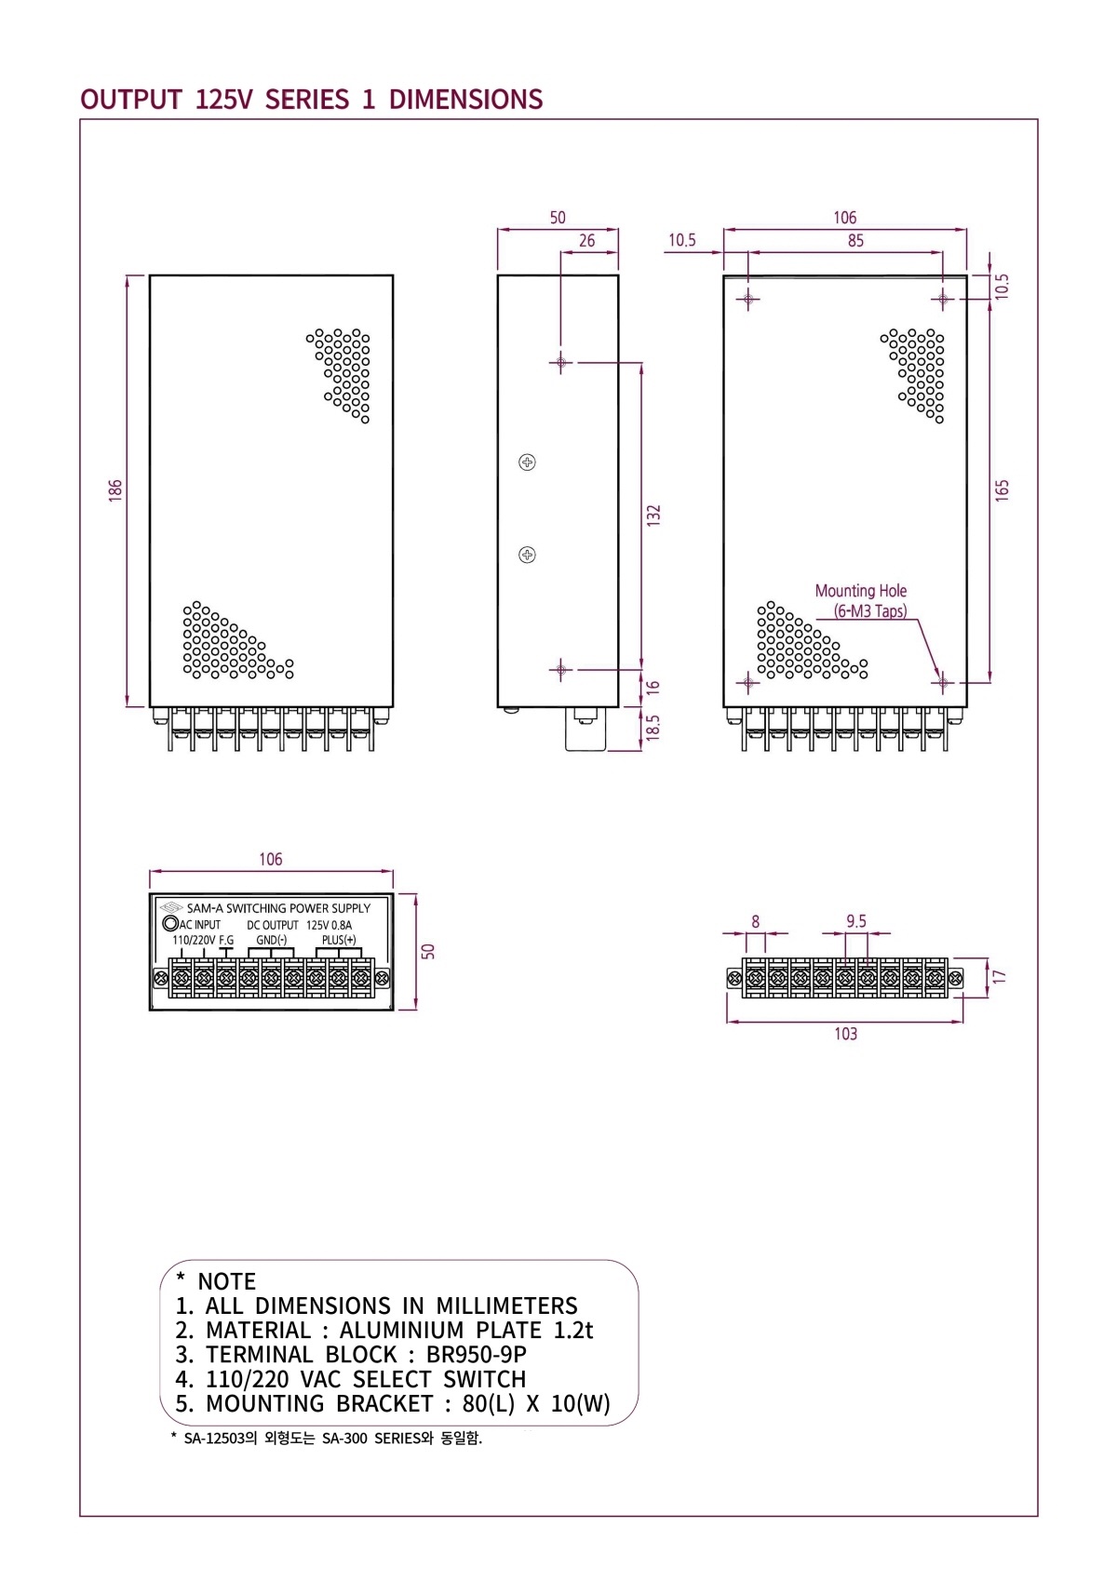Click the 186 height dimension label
115,491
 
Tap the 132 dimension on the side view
653,516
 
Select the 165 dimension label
1002,491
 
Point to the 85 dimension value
855,241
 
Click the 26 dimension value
586,241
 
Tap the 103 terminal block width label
845,1035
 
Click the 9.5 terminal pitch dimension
856,921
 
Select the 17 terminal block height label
999,977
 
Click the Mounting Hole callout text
861,591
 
